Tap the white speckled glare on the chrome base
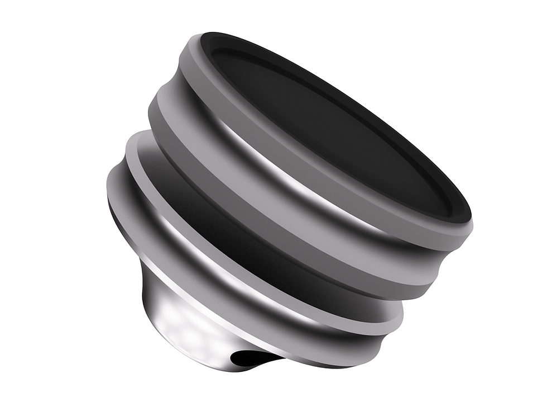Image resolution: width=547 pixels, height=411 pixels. [184, 324]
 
